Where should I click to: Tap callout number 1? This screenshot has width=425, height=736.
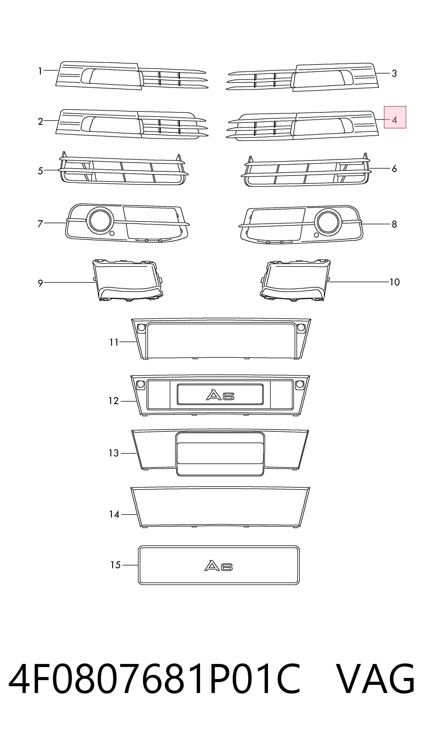(x=40, y=71)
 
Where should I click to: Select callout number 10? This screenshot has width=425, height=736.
(x=395, y=282)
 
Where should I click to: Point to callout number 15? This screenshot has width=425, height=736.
(x=116, y=565)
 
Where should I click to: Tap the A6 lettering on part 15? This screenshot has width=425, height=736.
(x=219, y=566)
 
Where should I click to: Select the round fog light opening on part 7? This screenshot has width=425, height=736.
(x=100, y=220)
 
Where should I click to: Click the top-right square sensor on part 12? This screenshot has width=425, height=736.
(x=300, y=385)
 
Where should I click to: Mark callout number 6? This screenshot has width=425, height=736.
(x=394, y=169)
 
